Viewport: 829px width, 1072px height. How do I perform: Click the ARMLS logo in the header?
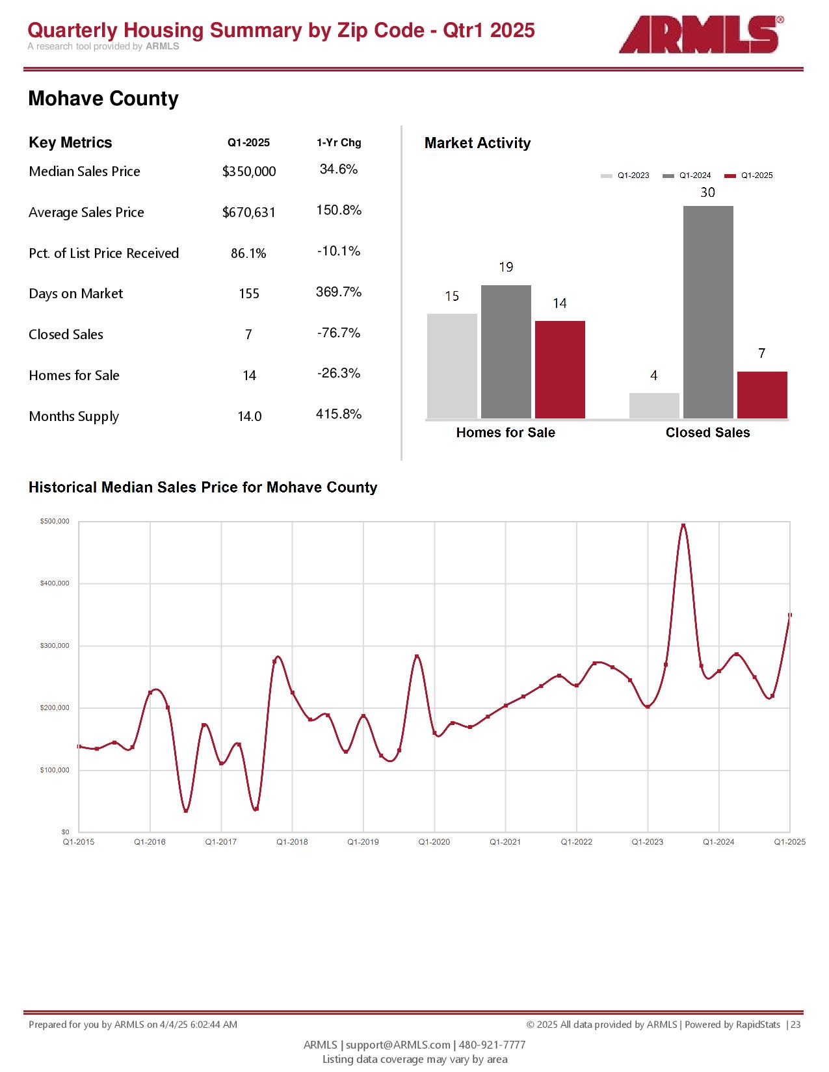pos(700,35)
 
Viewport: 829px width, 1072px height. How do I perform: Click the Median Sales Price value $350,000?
pos(249,172)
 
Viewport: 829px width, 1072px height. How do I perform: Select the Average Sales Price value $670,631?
pos(249,212)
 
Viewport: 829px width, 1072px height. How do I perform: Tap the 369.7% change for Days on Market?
pos(339,292)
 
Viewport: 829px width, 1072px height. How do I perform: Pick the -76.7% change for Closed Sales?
pos(339,333)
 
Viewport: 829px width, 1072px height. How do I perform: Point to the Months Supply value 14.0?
pos(250,416)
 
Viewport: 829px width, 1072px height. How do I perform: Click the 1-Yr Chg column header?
pos(339,143)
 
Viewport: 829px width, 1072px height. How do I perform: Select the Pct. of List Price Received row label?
pos(104,253)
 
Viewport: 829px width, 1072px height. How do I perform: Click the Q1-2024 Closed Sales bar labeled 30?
pos(708,312)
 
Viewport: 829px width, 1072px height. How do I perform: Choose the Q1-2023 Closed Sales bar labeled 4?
pos(654,405)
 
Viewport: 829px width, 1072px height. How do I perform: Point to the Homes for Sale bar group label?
pos(506,433)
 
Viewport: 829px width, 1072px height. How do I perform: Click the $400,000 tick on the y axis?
pos(55,583)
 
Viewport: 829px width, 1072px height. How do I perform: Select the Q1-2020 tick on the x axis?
pos(434,842)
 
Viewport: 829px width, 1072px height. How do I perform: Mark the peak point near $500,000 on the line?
pos(683,525)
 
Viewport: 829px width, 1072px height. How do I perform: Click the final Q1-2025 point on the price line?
pos(790,615)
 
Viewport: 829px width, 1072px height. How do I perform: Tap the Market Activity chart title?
pos(477,143)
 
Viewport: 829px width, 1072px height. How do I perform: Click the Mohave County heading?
pos(103,99)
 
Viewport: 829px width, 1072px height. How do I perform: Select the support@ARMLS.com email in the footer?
pos(398,1045)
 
